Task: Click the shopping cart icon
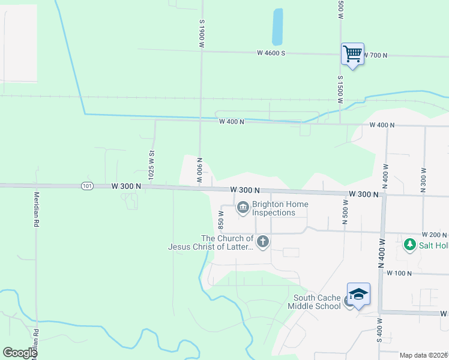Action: click(x=352, y=54)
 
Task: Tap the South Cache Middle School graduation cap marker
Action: click(x=358, y=294)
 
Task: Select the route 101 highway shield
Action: click(x=87, y=187)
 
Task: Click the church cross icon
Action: click(x=262, y=242)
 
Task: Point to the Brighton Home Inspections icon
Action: click(x=243, y=208)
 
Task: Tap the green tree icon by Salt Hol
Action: click(x=410, y=244)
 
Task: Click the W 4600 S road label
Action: click(x=271, y=53)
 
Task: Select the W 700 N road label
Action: click(x=375, y=55)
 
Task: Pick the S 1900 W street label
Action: click(x=203, y=37)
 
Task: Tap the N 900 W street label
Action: click(x=199, y=171)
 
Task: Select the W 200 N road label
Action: click(x=435, y=235)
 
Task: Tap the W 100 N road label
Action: click(x=399, y=273)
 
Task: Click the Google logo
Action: click(x=20, y=353)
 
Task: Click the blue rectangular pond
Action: click(x=277, y=27)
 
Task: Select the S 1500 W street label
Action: click(x=340, y=89)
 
